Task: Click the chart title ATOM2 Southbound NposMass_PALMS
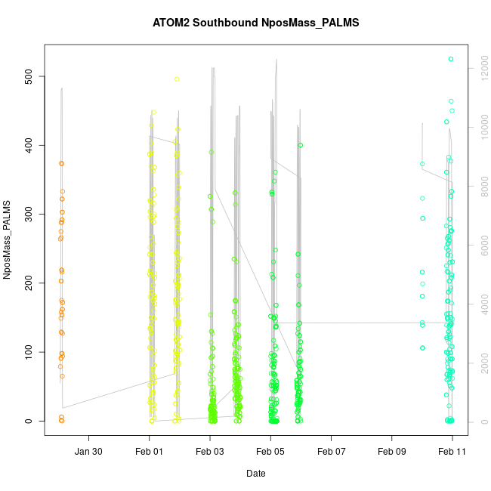coord(255,23)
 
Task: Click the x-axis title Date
coord(255,474)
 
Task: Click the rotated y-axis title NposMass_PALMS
coord(8,239)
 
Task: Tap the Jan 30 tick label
coord(89,452)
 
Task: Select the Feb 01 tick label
coord(150,452)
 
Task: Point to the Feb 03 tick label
coord(210,452)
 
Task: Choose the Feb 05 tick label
coord(270,452)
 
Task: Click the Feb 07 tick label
coord(331,452)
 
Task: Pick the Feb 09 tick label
coord(391,452)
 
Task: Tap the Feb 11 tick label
coord(452,452)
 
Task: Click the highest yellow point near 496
coord(177,79)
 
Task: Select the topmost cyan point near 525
coord(451,59)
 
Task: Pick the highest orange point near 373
coord(62,163)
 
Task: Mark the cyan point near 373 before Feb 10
coord(422,164)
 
